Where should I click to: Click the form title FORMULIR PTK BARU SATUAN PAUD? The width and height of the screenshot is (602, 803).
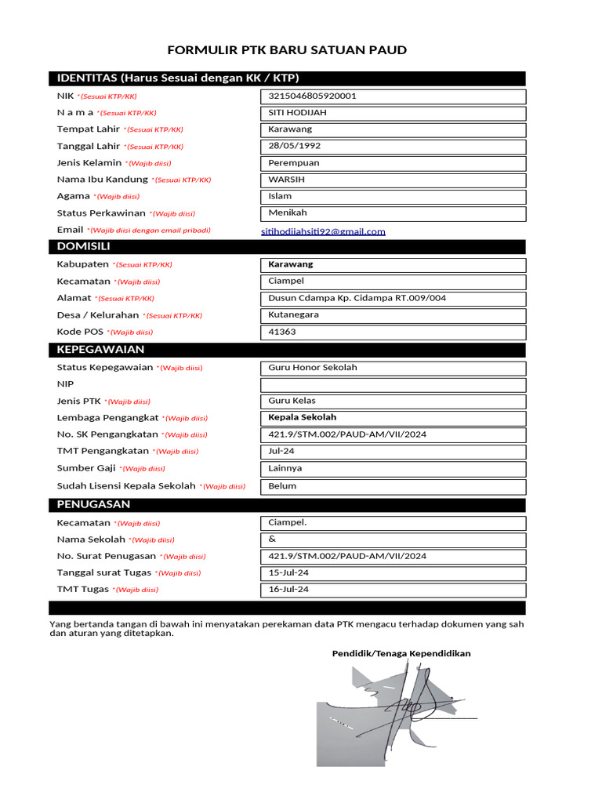pyautogui.click(x=287, y=50)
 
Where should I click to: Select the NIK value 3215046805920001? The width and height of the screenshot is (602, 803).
pyautogui.click(x=312, y=96)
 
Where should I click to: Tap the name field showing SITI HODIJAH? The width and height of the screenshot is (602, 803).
pyautogui.click(x=297, y=113)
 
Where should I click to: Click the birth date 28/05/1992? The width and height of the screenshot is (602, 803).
pyautogui.click(x=294, y=146)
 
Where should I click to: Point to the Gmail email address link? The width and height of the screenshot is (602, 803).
pyautogui.click(x=323, y=231)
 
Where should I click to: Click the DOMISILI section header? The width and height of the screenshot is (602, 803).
pyautogui.click(x=83, y=246)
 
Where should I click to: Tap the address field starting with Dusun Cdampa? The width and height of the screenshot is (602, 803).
pyautogui.click(x=357, y=298)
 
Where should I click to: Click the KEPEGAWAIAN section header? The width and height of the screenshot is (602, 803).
pyautogui.click(x=100, y=349)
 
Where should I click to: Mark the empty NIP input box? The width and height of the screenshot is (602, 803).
pyautogui.click(x=392, y=385)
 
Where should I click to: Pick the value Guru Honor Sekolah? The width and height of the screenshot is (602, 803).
pyautogui.click(x=312, y=367)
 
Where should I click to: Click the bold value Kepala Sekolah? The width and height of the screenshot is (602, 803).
pyautogui.click(x=302, y=417)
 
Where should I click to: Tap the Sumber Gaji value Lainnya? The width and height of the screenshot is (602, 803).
pyautogui.click(x=285, y=468)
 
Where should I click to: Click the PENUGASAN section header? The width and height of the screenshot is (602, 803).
pyautogui.click(x=93, y=504)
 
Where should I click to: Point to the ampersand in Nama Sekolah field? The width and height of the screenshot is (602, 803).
pyautogui.click(x=272, y=539)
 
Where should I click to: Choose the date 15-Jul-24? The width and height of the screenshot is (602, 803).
pyautogui.click(x=288, y=572)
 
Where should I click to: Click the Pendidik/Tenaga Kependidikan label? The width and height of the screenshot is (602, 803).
pyautogui.click(x=401, y=653)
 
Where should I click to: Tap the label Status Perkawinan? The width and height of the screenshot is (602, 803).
pyautogui.click(x=101, y=213)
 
